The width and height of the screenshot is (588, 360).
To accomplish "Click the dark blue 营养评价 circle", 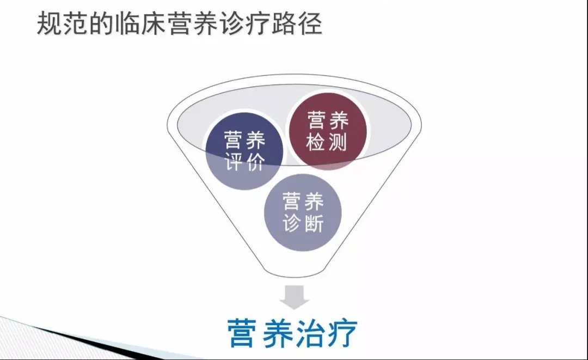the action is tap(244, 150).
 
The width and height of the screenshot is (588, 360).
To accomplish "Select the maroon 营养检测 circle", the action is tap(327, 131).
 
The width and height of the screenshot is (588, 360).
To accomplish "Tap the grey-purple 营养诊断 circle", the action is tap(303, 212).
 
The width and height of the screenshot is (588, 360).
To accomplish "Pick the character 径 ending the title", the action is tap(310, 23).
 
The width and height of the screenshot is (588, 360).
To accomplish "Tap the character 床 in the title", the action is tap(152, 23).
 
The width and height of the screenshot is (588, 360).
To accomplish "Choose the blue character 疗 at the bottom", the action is tap(342, 333).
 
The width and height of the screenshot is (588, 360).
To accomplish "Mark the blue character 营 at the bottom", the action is tap(242, 333).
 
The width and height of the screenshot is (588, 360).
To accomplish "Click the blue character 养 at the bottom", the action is tap(277, 333).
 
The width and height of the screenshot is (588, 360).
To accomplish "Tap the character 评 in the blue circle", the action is tap(234, 162).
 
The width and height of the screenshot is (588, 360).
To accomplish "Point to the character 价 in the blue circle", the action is tap(256, 162).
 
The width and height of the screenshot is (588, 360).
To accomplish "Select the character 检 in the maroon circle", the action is tap(316, 142).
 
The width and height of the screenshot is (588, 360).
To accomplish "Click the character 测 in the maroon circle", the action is tap(337, 142).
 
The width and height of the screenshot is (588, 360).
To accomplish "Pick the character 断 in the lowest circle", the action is tap(314, 223).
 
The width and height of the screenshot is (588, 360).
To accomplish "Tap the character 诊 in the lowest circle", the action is tap(292, 223).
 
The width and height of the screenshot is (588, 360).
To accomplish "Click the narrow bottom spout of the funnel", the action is tap(295, 272).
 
